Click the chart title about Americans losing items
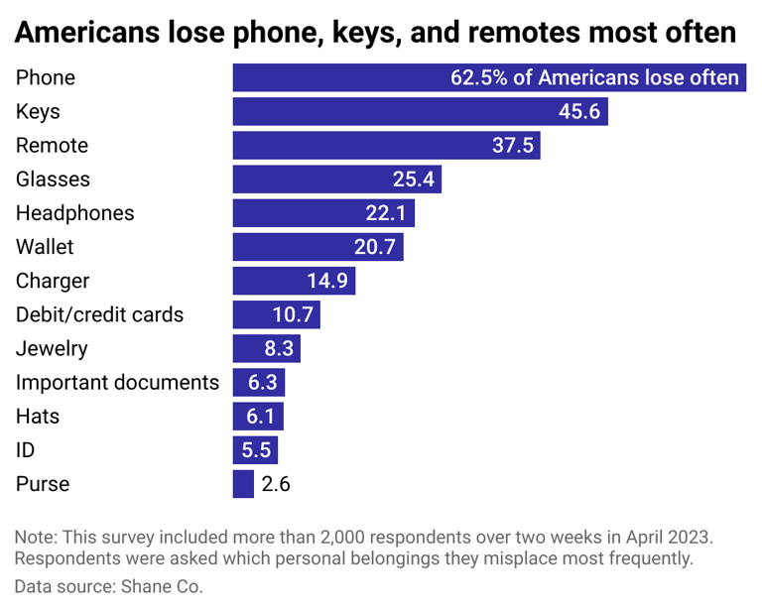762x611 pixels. (x=375, y=32)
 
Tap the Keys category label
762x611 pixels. (x=38, y=112)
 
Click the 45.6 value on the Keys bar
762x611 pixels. (x=578, y=112)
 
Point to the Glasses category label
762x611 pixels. (x=53, y=180)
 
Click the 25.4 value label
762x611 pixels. (x=413, y=180)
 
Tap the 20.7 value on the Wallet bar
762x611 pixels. (x=375, y=247)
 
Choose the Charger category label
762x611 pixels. (x=53, y=281)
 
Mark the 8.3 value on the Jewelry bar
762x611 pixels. (x=278, y=349)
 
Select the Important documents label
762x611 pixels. (x=117, y=383)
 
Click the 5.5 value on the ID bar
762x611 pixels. (x=256, y=450)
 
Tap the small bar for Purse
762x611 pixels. (x=243, y=484)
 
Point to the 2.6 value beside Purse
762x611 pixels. (x=275, y=484)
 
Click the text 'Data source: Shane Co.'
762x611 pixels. (x=108, y=586)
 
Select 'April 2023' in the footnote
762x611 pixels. (x=668, y=537)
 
